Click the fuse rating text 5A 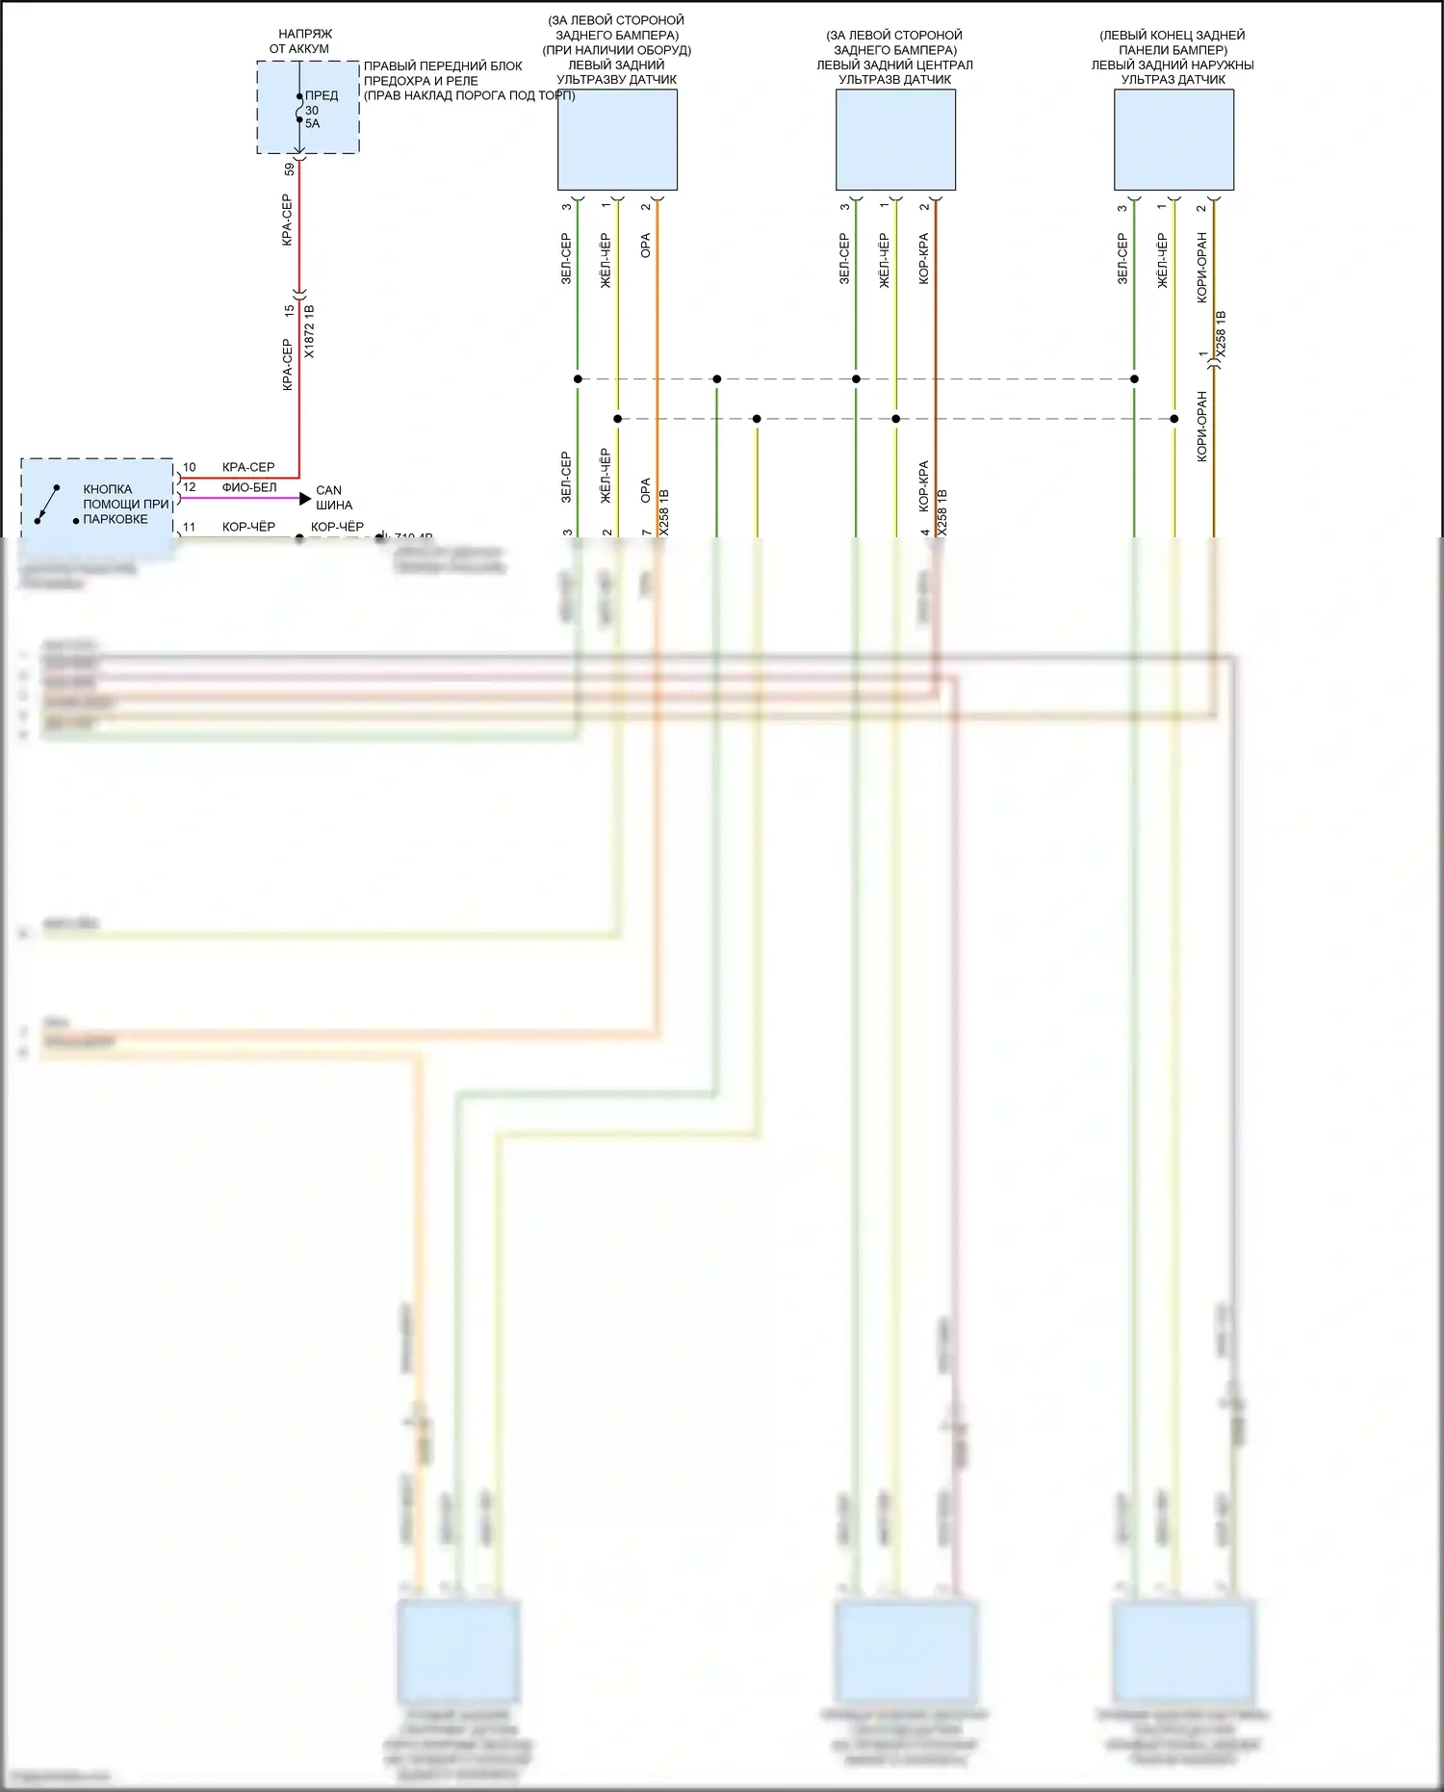pos(312,124)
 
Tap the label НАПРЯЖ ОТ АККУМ pos(299,41)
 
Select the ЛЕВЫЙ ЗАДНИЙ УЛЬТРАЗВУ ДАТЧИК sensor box pos(617,140)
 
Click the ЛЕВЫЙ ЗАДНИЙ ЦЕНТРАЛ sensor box pos(895,140)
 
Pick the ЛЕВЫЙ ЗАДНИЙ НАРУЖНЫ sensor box pos(1173,140)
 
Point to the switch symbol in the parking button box pos(47,505)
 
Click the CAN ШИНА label pos(333,498)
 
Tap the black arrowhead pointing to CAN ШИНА pos(305,499)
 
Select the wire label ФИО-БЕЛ pos(249,487)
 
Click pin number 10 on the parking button pos(190,467)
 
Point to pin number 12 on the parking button pos(190,487)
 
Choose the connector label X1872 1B pos(309,332)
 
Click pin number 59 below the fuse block pos(290,169)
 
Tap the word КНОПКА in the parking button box pos(108,489)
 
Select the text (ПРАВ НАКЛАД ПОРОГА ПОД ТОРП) pos(469,95)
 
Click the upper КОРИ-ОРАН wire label pos(1201,268)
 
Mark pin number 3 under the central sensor pos(844,207)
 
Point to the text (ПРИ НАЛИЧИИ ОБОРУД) pos(616,50)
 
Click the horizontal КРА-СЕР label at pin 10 pos(248,467)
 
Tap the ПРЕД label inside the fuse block pos(322,95)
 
